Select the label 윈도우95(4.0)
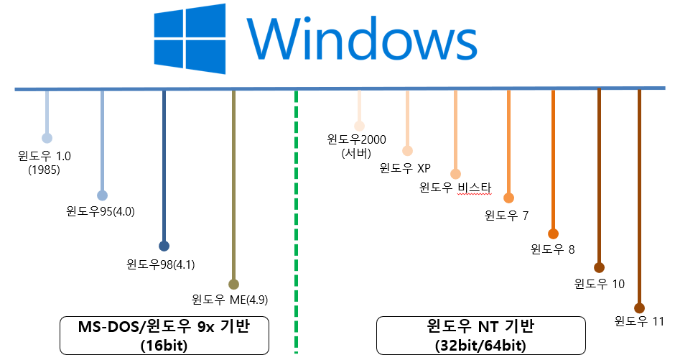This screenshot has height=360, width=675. [x=101, y=211]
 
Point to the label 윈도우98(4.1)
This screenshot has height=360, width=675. [x=161, y=264]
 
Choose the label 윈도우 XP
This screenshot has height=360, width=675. [x=405, y=169]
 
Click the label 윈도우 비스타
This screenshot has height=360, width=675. [x=455, y=189]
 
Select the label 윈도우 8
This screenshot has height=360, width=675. [x=553, y=249]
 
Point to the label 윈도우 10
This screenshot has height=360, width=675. [x=600, y=284]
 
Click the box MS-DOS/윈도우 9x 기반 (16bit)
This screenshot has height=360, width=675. [x=164, y=335]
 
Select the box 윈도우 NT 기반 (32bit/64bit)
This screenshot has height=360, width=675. [x=480, y=335]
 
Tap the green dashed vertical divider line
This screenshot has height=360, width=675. [x=296, y=216]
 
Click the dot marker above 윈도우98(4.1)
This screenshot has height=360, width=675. [x=164, y=246]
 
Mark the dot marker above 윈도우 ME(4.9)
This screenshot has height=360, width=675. [x=233, y=284]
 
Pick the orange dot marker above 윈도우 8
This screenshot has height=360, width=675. [x=553, y=234]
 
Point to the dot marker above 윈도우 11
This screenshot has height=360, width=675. [x=640, y=308]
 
